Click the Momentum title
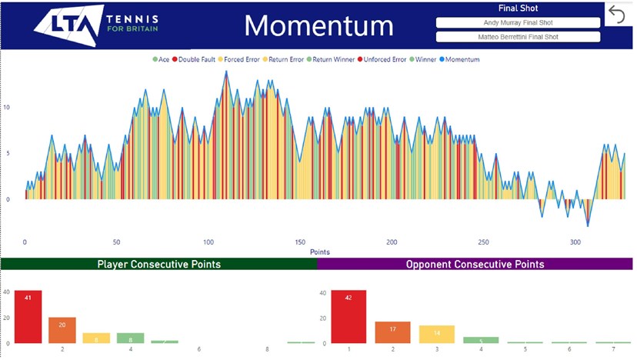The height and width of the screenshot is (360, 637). tap(318, 25)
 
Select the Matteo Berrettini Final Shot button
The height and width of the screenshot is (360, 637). tap(517, 36)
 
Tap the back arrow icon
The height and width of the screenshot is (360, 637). tap(617, 14)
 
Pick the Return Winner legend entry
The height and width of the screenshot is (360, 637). tap(332, 59)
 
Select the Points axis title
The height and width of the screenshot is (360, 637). tap(319, 252)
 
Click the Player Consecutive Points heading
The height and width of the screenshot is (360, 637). tap(158, 264)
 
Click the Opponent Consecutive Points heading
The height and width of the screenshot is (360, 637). tap(475, 264)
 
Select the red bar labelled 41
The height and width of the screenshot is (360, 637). tap(28, 316)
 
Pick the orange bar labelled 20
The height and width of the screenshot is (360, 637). tap(62, 330)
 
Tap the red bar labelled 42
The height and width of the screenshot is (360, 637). tap(349, 316)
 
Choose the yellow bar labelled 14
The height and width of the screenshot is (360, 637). tap(436, 334)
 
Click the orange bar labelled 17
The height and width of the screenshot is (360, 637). tap(392, 332)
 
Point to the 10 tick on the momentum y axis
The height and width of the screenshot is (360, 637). tap(8, 107)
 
